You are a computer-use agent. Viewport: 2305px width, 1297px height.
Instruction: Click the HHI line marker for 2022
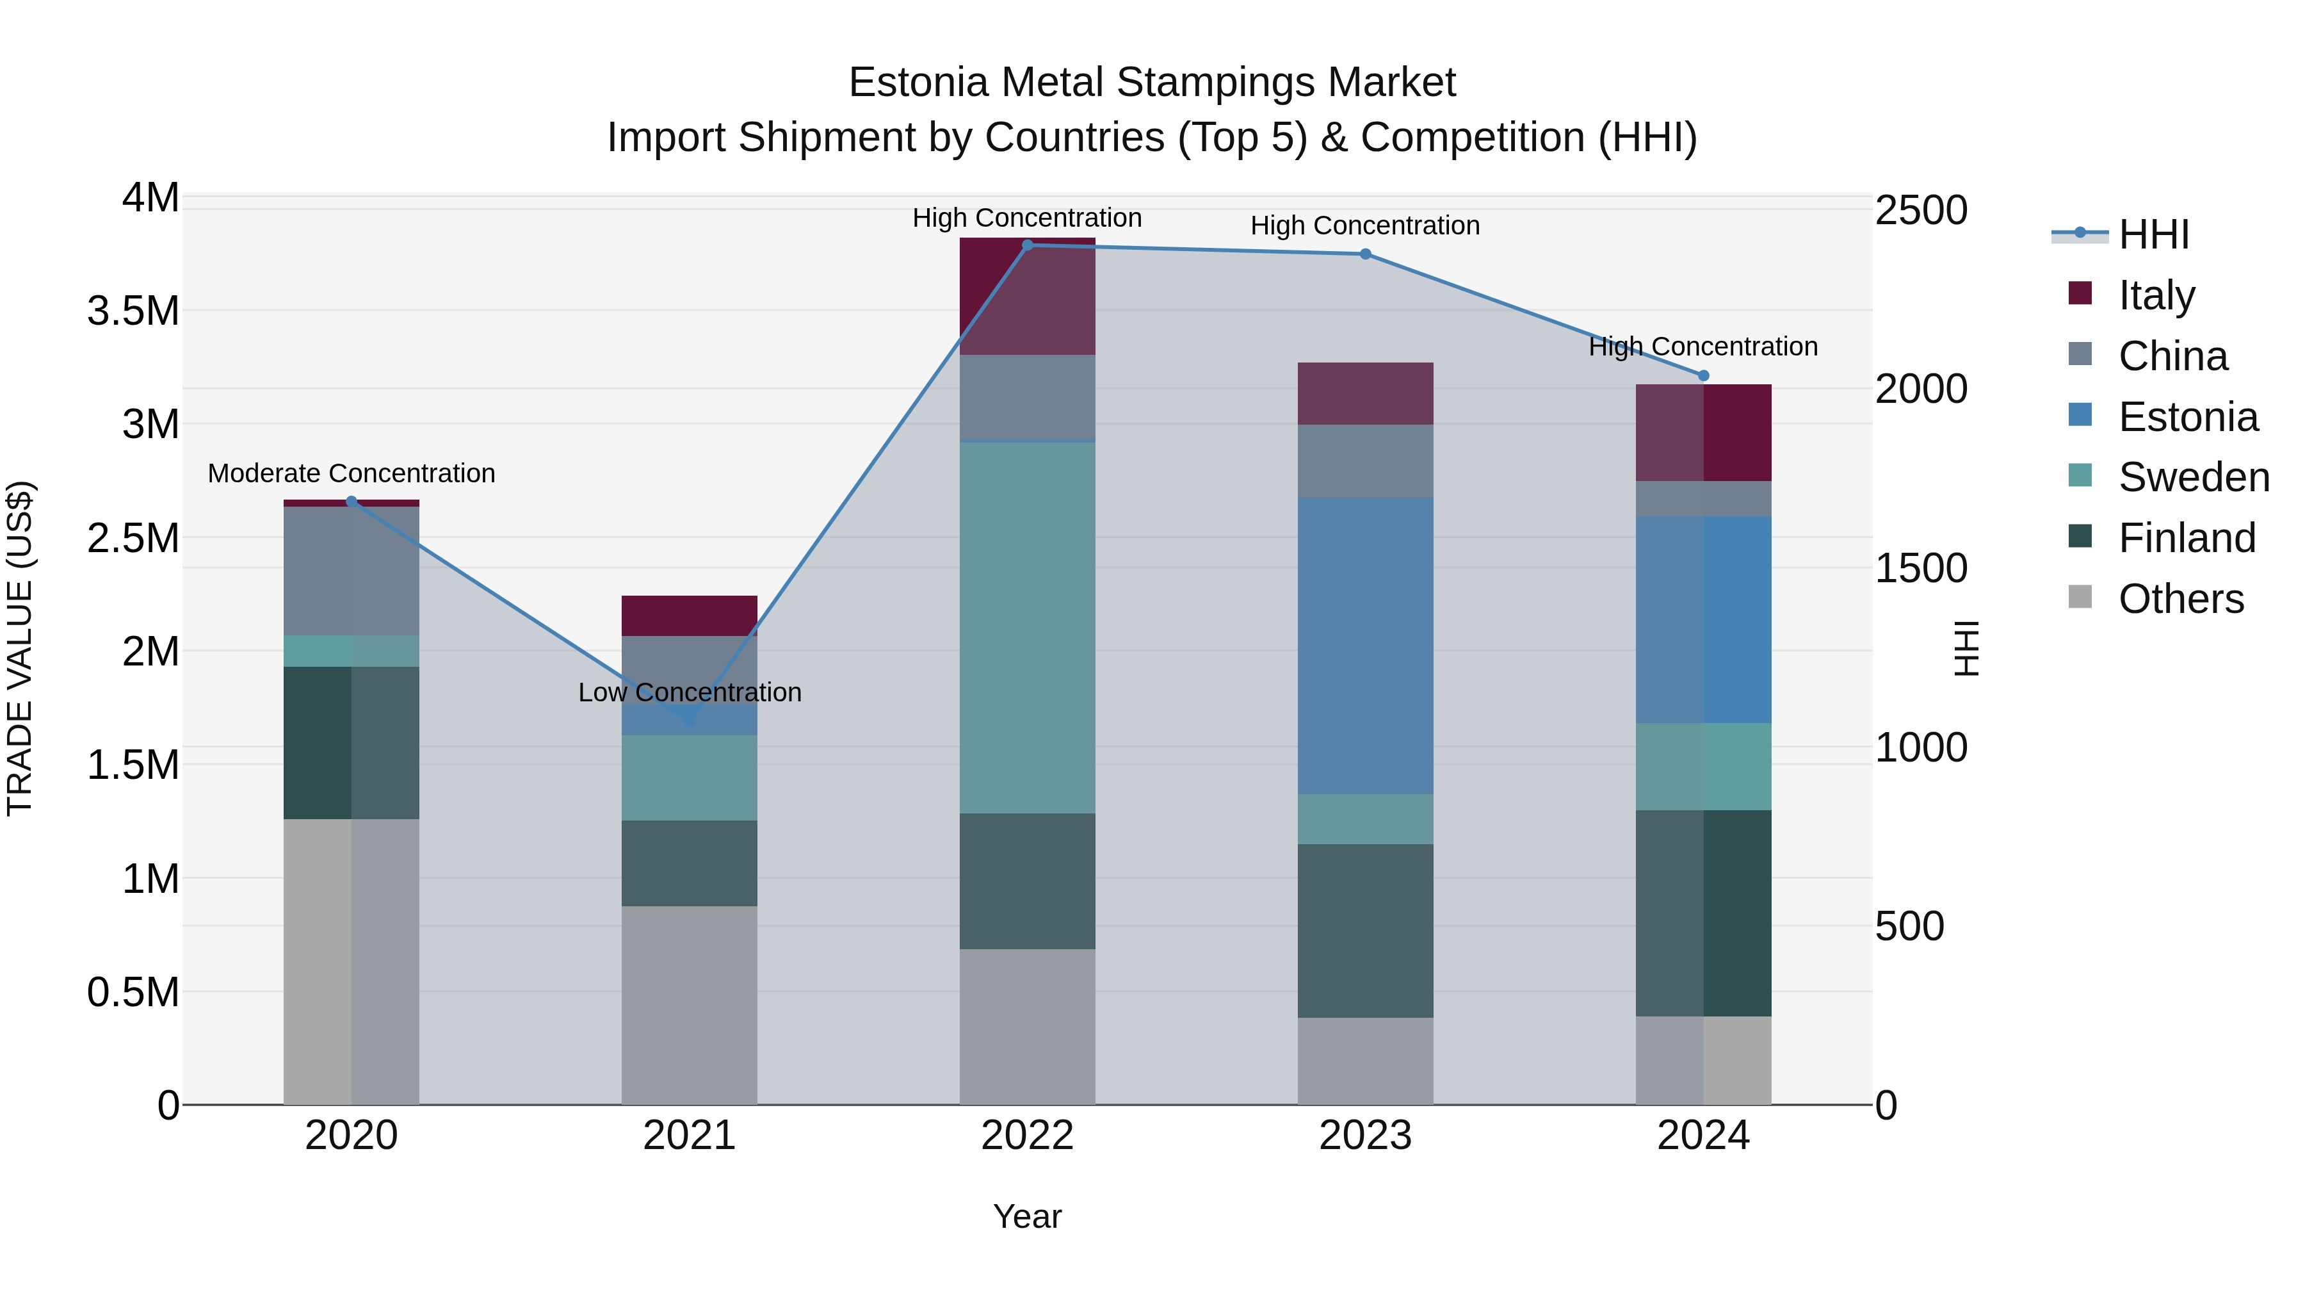click(1027, 245)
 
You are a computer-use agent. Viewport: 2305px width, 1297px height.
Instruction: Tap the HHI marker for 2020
click(351, 502)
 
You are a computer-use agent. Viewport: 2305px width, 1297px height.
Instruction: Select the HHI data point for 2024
click(1702, 376)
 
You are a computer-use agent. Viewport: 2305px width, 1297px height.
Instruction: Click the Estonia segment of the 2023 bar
click(1364, 646)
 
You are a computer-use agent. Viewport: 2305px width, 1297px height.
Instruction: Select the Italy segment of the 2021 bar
click(689, 616)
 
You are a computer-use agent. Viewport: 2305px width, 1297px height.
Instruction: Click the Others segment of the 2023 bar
click(1364, 1061)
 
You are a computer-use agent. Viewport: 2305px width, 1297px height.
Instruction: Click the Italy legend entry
click(2156, 295)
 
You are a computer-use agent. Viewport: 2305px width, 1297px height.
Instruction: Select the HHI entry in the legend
click(2153, 234)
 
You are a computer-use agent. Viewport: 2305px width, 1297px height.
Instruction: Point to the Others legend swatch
click(2080, 597)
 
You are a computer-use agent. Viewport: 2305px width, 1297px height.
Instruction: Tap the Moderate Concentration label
click(351, 473)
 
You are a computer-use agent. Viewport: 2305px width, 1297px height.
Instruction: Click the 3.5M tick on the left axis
click(133, 311)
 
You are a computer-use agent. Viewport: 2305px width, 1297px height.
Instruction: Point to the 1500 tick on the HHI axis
click(1921, 568)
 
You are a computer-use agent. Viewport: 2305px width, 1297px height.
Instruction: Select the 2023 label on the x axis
click(1364, 1136)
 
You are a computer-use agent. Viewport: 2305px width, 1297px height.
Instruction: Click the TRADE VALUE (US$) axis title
click(20, 648)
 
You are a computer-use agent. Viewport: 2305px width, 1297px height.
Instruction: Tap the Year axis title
click(1027, 1216)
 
